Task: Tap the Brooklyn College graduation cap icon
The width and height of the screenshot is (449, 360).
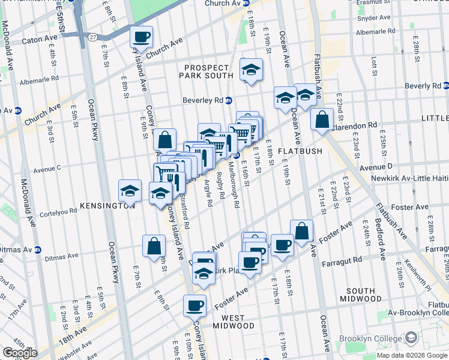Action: point(411,338)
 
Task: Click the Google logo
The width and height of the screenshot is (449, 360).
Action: point(19,353)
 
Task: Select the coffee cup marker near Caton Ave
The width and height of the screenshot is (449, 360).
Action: point(142,37)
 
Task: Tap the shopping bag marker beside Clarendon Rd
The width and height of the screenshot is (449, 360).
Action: point(322,119)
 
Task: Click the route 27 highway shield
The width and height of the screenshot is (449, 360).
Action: point(92,37)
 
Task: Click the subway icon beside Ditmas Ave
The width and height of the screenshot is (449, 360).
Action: point(37,250)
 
